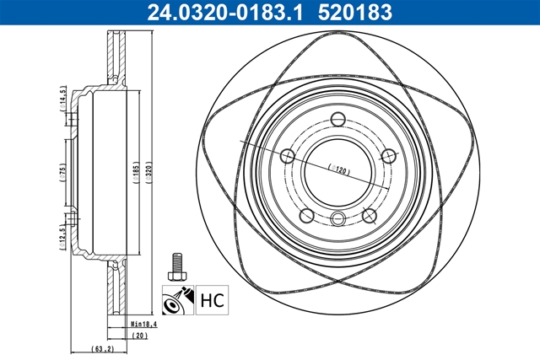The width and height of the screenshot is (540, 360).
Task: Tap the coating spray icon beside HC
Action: [x=176, y=298]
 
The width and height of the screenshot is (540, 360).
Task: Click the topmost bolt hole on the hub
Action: [x=337, y=118]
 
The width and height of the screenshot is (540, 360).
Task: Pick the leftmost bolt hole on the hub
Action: [x=287, y=156]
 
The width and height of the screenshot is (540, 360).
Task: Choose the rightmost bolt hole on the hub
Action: [x=389, y=156]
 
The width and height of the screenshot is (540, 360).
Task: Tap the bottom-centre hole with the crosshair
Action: [x=337, y=220]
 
